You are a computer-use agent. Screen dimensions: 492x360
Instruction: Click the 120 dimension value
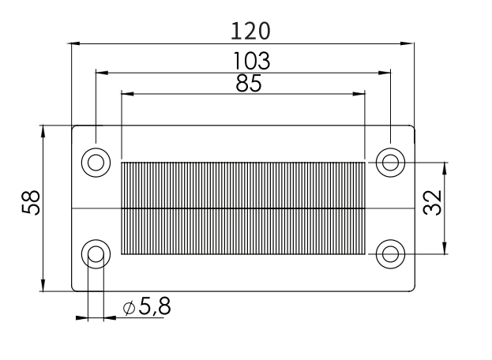pos(250,31)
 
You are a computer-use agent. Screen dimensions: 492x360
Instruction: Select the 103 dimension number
pos(252,61)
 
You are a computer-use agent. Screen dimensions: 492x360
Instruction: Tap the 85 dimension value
pos(248,84)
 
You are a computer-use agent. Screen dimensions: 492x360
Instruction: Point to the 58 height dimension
pos(31,203)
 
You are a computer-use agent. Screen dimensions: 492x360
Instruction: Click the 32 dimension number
pos(433,203)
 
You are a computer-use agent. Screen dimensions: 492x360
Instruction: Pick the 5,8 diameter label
pos(154,306)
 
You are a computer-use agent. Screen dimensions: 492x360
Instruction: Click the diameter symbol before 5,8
pos(129,308)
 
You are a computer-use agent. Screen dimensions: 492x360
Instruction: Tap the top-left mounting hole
pos(96,163)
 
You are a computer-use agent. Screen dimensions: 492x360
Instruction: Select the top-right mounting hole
pos(390,163)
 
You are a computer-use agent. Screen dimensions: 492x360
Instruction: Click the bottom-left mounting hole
pos(96,254)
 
